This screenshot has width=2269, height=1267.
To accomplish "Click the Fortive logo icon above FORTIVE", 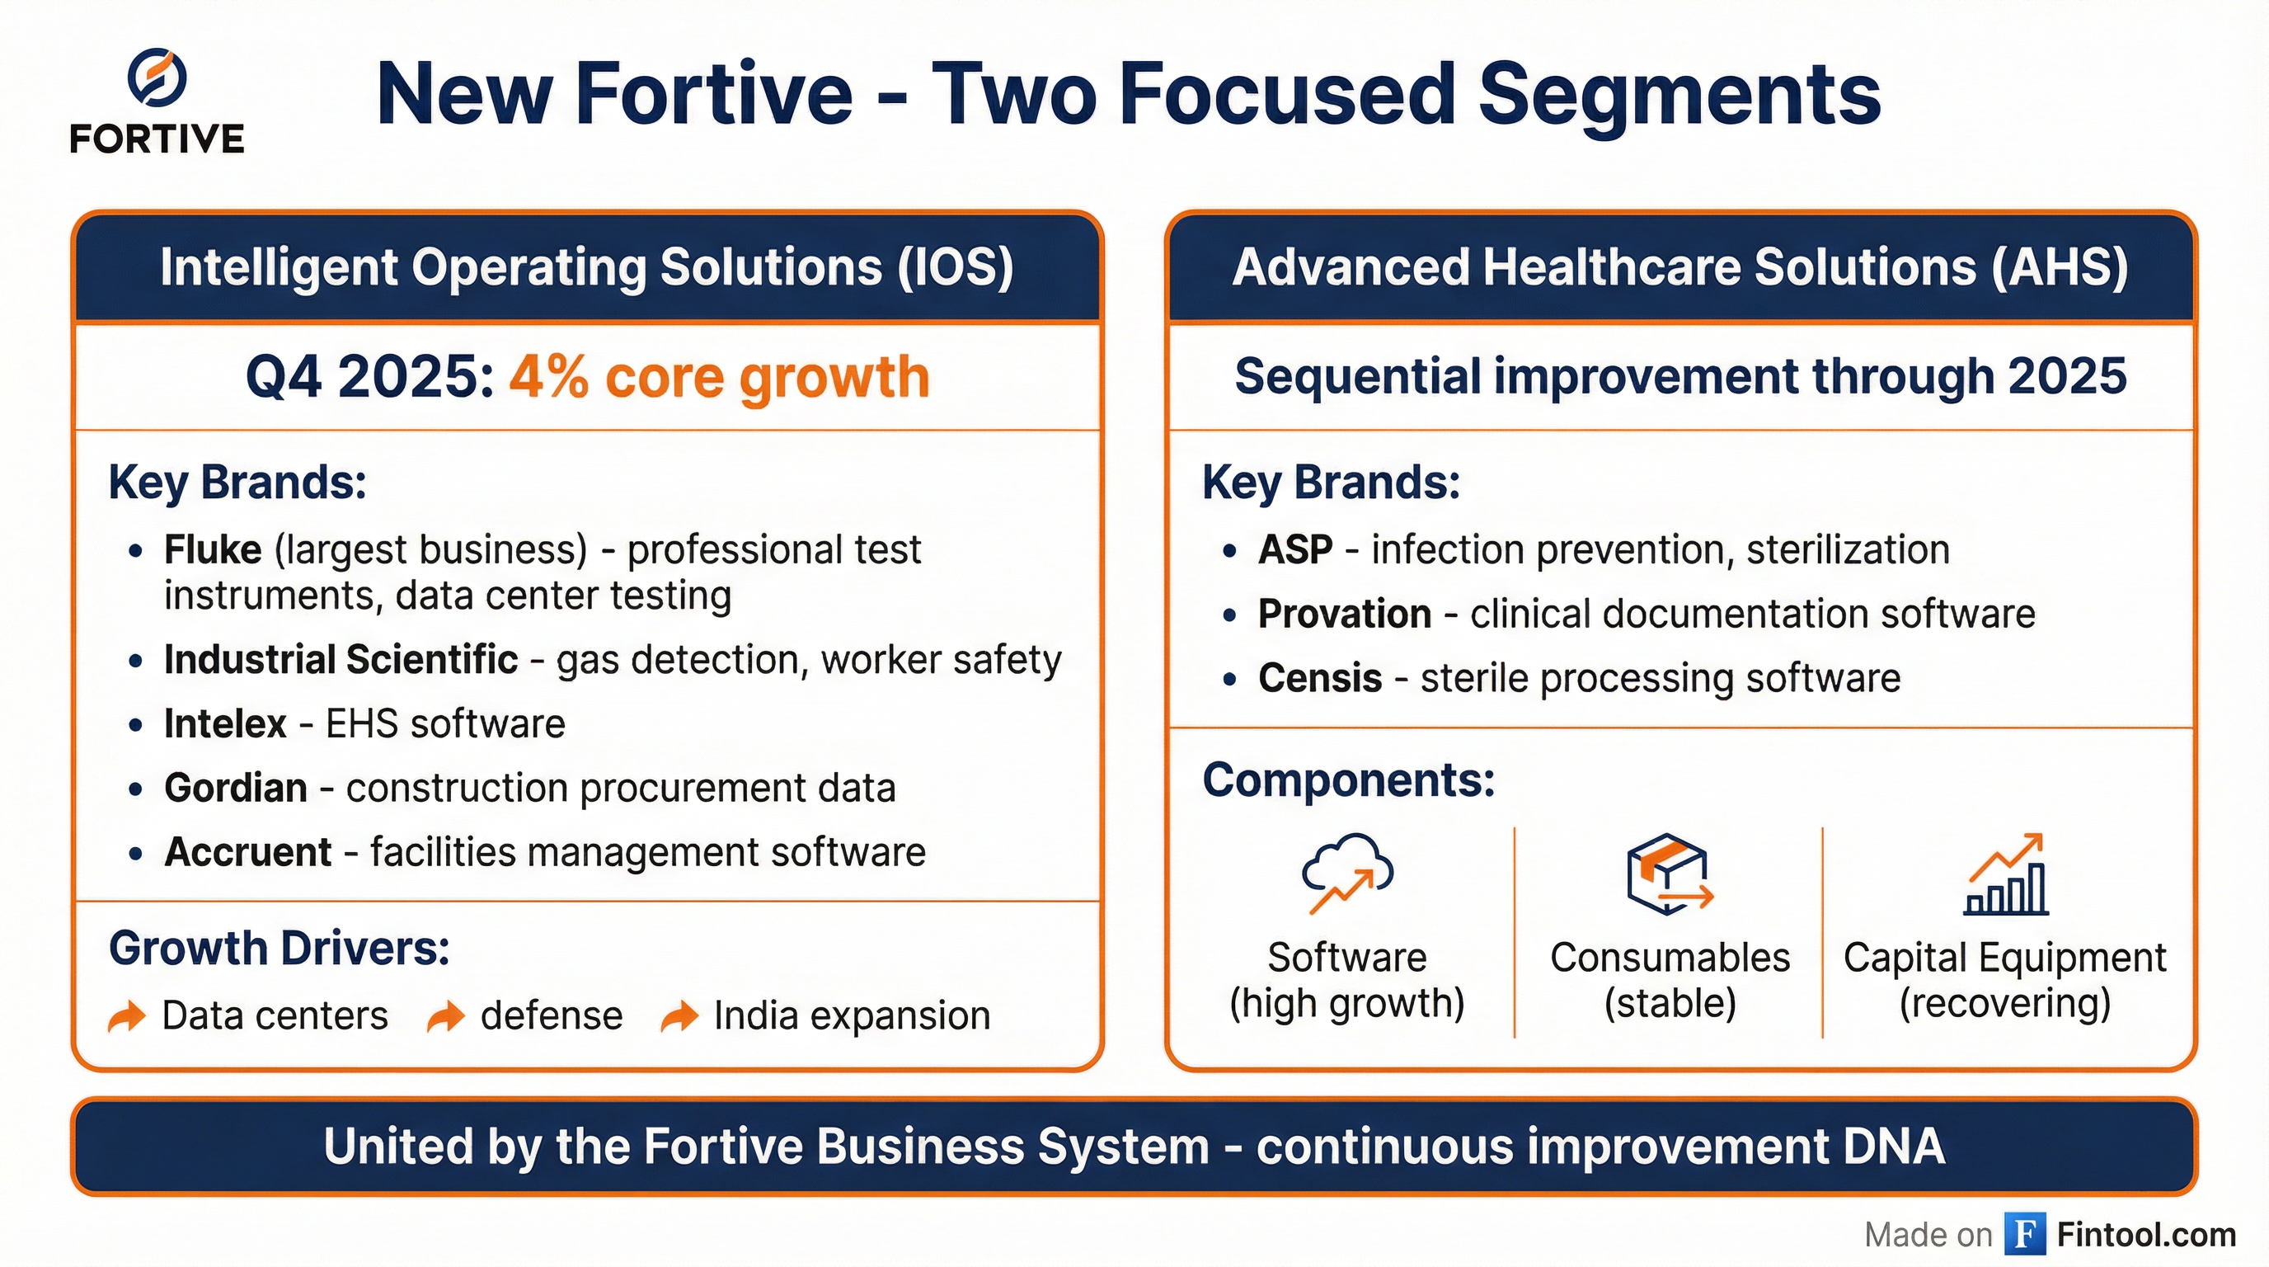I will (157, 78).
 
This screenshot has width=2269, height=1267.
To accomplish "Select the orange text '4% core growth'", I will (719, 377).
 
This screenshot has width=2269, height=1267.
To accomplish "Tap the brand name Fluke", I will (212, 550).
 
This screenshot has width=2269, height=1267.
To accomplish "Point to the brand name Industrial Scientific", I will (340, 660).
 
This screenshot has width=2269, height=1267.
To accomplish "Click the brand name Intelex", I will (224, 724).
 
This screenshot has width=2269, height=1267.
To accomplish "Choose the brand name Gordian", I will (235, 789).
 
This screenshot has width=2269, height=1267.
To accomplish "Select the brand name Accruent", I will (247, 853).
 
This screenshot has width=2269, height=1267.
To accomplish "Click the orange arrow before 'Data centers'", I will (127, 1016).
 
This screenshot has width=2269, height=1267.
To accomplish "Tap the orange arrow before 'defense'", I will (446, 1016).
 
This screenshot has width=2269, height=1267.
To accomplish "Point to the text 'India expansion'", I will (851, 1016).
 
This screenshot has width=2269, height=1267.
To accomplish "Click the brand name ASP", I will (1294, 550).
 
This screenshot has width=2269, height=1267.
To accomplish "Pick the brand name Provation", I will (1344, 615).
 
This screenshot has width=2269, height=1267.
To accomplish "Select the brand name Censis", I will (1319, 678).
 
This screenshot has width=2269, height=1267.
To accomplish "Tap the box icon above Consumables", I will (1668, 874).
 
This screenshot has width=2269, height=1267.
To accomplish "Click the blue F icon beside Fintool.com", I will (2024, 1233).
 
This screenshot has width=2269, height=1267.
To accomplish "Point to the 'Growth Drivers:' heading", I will (280, 949).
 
